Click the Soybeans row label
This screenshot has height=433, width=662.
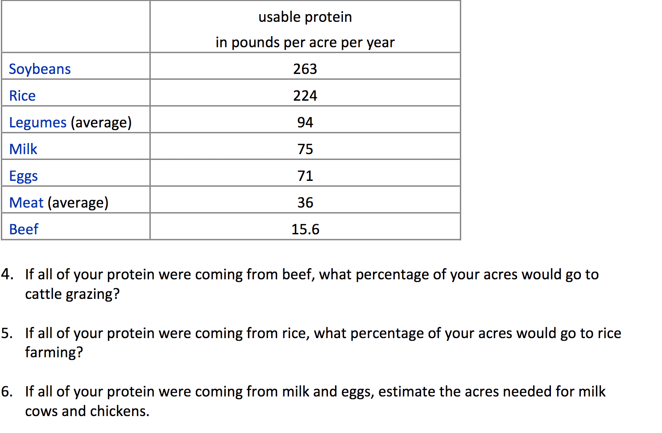pos(40,69)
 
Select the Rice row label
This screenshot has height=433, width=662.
pos(22,96)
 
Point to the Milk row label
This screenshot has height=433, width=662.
pos(23,149)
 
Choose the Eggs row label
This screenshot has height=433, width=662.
pos(24,176)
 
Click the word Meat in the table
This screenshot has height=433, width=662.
pos(26,203)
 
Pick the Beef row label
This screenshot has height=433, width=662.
pos(24,229)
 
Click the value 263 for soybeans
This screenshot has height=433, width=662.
pos(305,69)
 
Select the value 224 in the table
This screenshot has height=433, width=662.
pos(305,96)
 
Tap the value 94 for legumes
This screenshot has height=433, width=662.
pos(305,123)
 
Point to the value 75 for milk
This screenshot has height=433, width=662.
pos(305,149)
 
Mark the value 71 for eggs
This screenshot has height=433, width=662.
pos(305,176)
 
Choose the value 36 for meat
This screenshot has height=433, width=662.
pos(305,203)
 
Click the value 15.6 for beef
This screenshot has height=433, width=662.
pos(305,229)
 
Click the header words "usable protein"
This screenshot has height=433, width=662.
pos(305,17)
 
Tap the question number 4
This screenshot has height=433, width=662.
pos(7,274)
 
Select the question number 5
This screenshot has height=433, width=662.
pos(7,333)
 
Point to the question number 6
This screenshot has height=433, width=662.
pos(7,392)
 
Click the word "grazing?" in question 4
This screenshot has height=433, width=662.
pos(92,294)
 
